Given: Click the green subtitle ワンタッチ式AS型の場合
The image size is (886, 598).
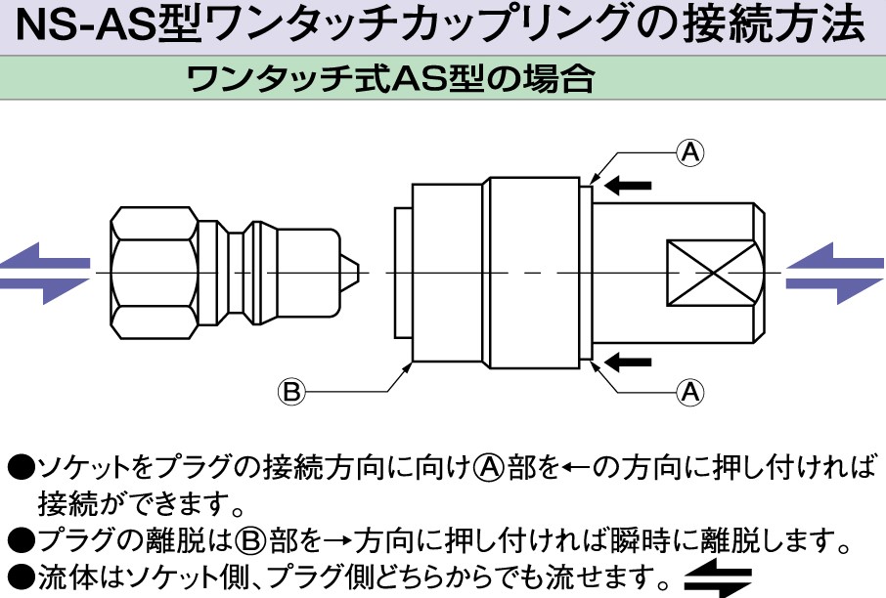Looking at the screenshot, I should [391, 77].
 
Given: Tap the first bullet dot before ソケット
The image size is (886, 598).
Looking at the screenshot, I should [19, 467].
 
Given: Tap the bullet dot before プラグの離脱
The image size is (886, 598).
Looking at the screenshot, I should [19, 537].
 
